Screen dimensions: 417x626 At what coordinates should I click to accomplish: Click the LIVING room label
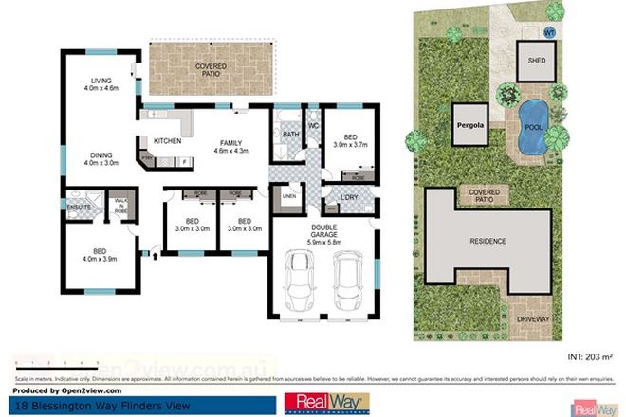point(98,81)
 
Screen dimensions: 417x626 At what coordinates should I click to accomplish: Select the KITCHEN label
point(167,141)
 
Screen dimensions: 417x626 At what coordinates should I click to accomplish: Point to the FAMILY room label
point(227,142)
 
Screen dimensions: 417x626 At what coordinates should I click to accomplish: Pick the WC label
point(314,126)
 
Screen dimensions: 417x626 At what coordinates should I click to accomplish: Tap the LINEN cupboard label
point(289,197)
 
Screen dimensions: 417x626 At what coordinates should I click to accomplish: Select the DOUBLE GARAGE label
point(322,227)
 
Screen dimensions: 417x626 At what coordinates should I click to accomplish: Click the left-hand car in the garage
point(303,282)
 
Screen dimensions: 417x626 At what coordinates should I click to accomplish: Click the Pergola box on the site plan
point(469,124)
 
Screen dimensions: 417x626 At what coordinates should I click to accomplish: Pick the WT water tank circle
point(548,31)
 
